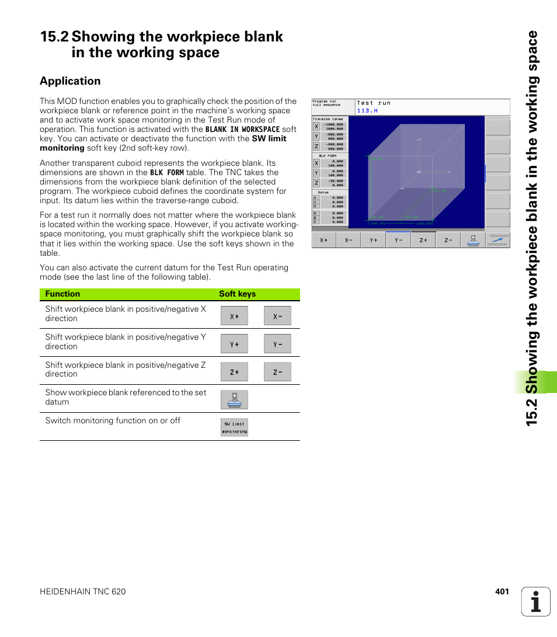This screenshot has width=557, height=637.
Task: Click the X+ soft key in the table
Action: tap(234, 316)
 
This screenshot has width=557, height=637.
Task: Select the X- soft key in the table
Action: tap(277, 316)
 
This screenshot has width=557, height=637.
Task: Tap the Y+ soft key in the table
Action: tap(234, 344)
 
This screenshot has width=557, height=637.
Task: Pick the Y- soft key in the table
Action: tap(277, 344)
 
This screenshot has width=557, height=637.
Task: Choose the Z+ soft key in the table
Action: tap(234, 372)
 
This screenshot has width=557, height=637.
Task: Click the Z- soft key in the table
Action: tap(277, 372)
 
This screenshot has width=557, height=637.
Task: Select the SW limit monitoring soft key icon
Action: tap(234, 427)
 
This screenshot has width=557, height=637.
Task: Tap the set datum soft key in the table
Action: tap(234, 400)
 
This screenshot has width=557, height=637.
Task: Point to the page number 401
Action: tap(502, 591)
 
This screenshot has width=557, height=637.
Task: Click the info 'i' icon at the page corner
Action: tap(535, 602)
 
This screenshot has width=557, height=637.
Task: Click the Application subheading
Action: tap(70, 81)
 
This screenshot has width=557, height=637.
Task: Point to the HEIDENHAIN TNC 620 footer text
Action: tap(82, 591)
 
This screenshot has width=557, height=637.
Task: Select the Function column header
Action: tap(62, 294)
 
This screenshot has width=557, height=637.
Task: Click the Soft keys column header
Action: tap(237, 294)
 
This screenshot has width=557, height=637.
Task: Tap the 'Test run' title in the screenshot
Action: tap(374, 103)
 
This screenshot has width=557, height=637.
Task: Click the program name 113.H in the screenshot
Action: tap(367, 110)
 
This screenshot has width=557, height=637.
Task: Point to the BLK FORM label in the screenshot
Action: tap(328, 156)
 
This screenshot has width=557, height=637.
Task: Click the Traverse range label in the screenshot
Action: tap(328, 119)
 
